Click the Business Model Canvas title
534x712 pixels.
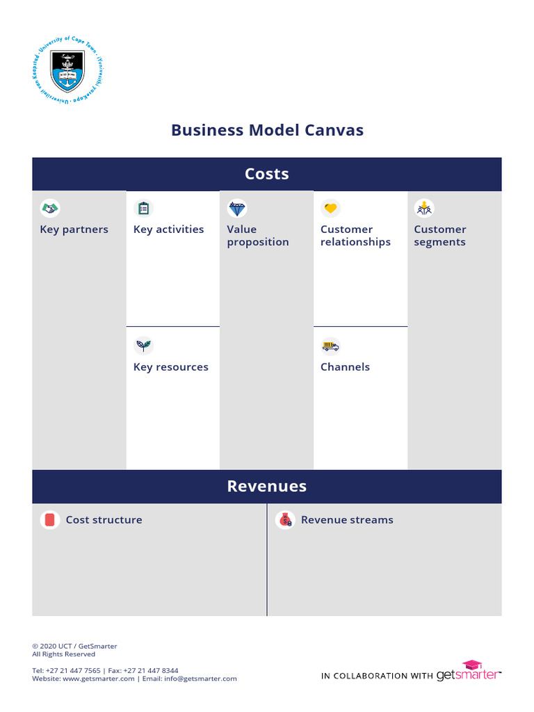(267, 130)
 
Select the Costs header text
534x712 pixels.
(267, 174)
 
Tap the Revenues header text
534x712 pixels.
(267, 486)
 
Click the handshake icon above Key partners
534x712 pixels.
(50, 208)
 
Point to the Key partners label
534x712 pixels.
(74, 229)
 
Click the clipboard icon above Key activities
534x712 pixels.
(143, 208)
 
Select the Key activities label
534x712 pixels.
(169, 229)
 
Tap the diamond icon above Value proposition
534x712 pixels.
(237, 208)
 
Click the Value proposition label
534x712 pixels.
(258, 236)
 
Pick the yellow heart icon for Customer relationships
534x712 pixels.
(330, 208)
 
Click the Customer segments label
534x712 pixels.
(440, 236)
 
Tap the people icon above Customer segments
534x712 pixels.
(424, 208)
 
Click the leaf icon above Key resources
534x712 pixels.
(143, 346)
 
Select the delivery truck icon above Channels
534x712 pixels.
(330, 346)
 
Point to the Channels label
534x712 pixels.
(345, 367)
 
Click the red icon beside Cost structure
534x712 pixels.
(50, 520)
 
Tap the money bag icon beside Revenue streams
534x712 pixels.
(285, 520)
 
